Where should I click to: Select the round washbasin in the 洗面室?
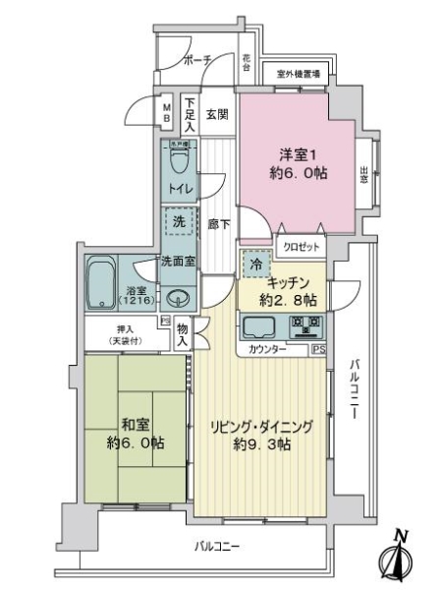178,300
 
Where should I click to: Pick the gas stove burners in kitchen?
305,325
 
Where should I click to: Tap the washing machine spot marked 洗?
178,222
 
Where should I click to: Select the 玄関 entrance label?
217,112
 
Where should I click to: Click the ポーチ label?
197,61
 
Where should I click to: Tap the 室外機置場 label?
297,74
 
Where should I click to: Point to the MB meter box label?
167,111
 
